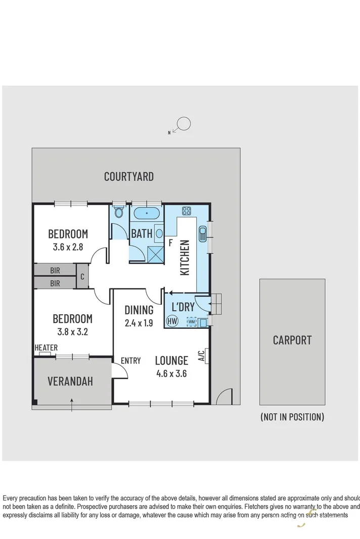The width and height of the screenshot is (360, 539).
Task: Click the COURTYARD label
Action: [x=128, y=176]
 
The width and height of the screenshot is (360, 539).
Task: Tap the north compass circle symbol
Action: [x=184, y=123]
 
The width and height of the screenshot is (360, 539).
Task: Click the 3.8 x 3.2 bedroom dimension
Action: [x=73, y=332]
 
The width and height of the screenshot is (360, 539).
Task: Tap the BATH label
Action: [x=141, y=234]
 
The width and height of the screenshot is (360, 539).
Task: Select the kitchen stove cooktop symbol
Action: [x=186, y=212]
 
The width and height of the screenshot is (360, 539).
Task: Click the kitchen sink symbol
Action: [x=202, y=234]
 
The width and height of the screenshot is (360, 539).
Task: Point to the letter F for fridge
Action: [x=171, y=243]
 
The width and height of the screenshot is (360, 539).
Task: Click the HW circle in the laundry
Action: [x=172, y=321]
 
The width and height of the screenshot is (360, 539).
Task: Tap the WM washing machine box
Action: [x=191, y=321]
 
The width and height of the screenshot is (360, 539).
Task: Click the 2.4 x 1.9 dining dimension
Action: [x=139, y=323]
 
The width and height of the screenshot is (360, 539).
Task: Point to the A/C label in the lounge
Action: [x=201, y=357]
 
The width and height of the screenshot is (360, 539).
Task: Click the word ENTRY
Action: [x=130, y=361]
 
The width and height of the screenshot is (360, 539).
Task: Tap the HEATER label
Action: [x=46, y=348]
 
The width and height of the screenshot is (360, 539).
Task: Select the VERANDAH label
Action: [x=70, y=381]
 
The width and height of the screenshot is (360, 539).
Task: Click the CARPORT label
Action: [x=292, y=340]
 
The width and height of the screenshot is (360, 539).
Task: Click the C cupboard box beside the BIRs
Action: [x=82, y=276]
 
